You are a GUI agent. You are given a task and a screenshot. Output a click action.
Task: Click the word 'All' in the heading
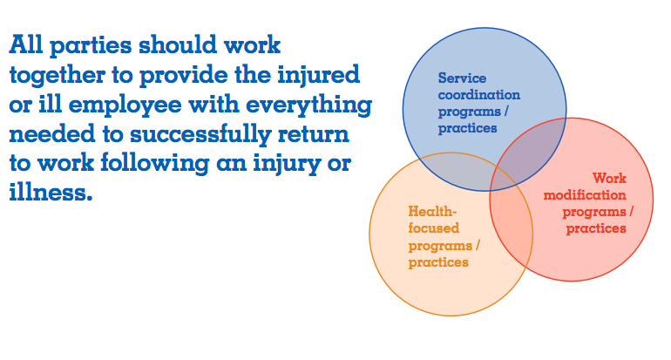[25, 44]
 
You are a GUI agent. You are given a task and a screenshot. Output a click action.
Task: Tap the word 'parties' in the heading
[91, 46]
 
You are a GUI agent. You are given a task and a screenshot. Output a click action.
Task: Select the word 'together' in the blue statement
[58, 76]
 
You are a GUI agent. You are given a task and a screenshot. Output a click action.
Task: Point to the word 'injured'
[319, 75]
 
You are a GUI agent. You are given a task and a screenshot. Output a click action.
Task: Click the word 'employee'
[125, 105]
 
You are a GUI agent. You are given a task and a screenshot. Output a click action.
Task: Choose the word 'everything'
[309, 105]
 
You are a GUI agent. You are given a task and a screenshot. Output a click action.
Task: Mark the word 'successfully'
[200, 134]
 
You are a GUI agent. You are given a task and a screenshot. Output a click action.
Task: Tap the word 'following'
[155, 164]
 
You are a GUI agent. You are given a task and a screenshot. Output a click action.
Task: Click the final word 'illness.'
[51, 192]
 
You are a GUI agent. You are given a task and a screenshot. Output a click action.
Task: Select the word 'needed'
[52, 134]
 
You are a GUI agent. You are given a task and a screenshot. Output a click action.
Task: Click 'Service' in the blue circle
[462, 78]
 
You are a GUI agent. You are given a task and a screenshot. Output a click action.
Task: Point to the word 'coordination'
[479, 95]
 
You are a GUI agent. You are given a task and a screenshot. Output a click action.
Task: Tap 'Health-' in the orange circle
[432, 211]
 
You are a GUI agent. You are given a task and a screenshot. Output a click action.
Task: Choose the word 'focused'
[433, 228]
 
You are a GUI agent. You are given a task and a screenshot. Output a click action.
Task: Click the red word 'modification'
[585, 194]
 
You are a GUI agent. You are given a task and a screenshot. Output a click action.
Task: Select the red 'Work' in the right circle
[609, 178]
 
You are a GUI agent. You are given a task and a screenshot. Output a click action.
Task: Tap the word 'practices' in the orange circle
[438, 262]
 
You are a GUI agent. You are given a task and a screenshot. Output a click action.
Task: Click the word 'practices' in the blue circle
[467, 128]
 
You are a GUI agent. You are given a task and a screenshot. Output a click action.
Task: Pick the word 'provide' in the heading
[184, 76]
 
